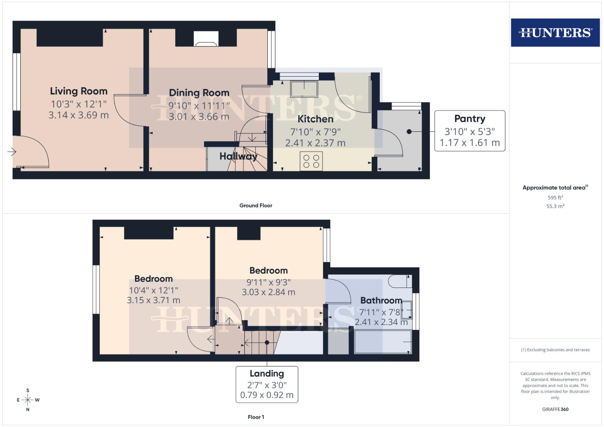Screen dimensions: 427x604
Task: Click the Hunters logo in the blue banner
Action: (555, 32)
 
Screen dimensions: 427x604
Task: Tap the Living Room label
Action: (79, 91)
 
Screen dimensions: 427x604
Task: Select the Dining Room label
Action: (199, 93)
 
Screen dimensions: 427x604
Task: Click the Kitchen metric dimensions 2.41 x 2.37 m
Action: (315, 143)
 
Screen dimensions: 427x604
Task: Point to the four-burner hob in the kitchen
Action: (311, 161)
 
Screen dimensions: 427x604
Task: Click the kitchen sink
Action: (304, 89)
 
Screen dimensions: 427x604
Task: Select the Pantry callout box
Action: (470, 131)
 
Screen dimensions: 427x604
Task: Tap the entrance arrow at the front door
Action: (12, 151)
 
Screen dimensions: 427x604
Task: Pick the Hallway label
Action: (238, 156)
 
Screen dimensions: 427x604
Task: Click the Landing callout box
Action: (267, 384)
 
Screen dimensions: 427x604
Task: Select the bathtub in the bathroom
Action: (383, 342)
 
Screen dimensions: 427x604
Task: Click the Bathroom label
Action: (381, 300)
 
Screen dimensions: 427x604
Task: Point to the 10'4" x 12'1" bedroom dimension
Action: (153, 290)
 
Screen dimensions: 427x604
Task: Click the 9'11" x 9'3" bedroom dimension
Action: (268, 282)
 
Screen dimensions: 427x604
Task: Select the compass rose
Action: (28, 400)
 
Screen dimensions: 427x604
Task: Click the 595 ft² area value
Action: (555, 197)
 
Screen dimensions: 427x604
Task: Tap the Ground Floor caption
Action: (256, 205)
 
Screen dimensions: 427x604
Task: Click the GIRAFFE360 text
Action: (555, 409)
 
